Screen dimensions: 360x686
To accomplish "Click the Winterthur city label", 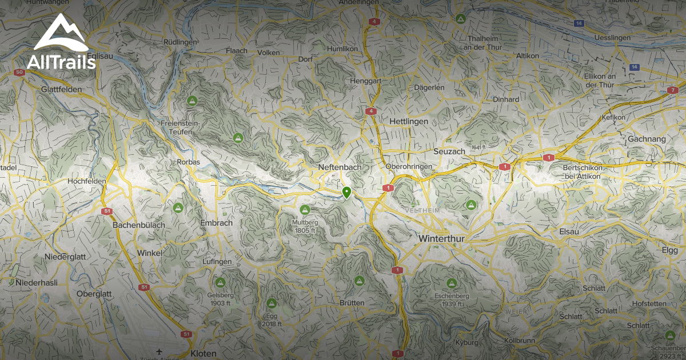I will pos(442,238).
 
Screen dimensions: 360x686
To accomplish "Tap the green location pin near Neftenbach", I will pos(346,192).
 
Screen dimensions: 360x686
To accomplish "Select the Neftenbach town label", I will pos(339,167).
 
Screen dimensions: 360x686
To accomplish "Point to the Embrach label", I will pos(217,223).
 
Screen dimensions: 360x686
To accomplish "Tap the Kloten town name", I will pos(204,353).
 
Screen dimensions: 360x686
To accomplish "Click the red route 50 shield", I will pos(20,73).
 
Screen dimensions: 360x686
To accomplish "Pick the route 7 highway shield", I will pos(672,90).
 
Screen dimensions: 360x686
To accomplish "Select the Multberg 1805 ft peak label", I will pos(305,226).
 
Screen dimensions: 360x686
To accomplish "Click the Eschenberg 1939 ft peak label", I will pos(452,300).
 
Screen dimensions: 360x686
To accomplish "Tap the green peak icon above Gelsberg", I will pos(220,282).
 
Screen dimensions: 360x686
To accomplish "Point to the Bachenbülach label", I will pos(139,225).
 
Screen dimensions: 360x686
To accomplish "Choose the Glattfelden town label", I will pos(62,90).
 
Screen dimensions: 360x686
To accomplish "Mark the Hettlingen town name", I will pos(408,122).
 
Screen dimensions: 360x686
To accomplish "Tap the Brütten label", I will pos(352,303).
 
